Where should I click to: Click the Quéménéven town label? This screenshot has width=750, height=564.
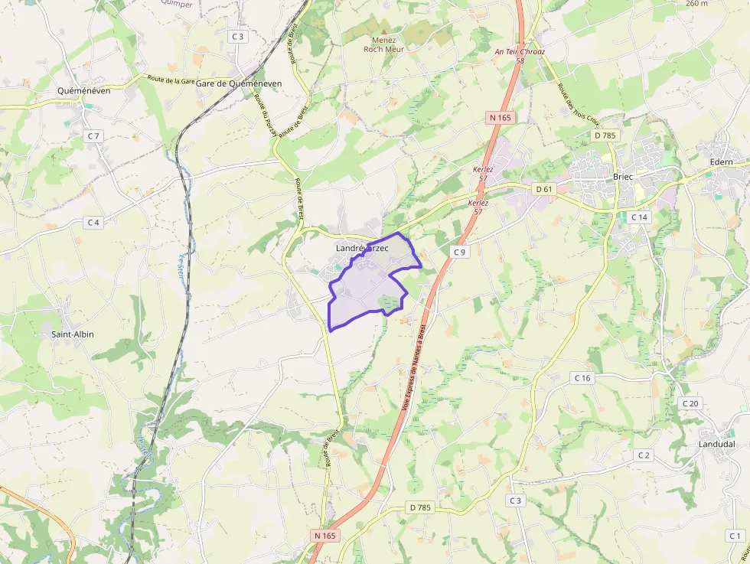pyautogui.click(x=84, y=90)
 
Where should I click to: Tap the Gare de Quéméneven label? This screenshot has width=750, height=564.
pyautogui.click(x=239, y=83)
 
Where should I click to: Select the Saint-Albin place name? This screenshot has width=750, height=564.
pyautogui.click(x=73, y=334)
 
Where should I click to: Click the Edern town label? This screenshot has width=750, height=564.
pyautogui.click(x=721, y=162)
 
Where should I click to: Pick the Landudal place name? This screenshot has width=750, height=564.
pyautogui.click(x=716, y=444)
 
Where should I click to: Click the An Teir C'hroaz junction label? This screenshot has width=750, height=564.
pyautogui.click(x=520, y=52)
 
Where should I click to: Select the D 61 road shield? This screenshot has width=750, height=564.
pyautogui.click(x=544, y=189)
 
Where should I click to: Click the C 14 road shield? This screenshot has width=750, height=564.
pyautogui.click(x=639, y=217)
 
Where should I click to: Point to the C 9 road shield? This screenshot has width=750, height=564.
pyautogui.click(x=459, y=252)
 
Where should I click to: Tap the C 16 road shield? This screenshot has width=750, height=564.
pyautogui.click(x=582, y=378)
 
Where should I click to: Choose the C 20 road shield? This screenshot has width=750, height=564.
pyautogui.click(x=690, y=403)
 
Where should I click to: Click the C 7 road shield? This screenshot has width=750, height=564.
pyautogui.click(x=93, y=135)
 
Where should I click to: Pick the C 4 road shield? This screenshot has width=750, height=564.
pyautogui.click(x=93, y=222)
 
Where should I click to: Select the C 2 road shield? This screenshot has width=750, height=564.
pyautogui.click(x=644, y=455)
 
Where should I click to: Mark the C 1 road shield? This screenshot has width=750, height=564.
pyautogui.click(x=735, y=536)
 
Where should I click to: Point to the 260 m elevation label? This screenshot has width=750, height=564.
pyautogui.click(x=696, y=4)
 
